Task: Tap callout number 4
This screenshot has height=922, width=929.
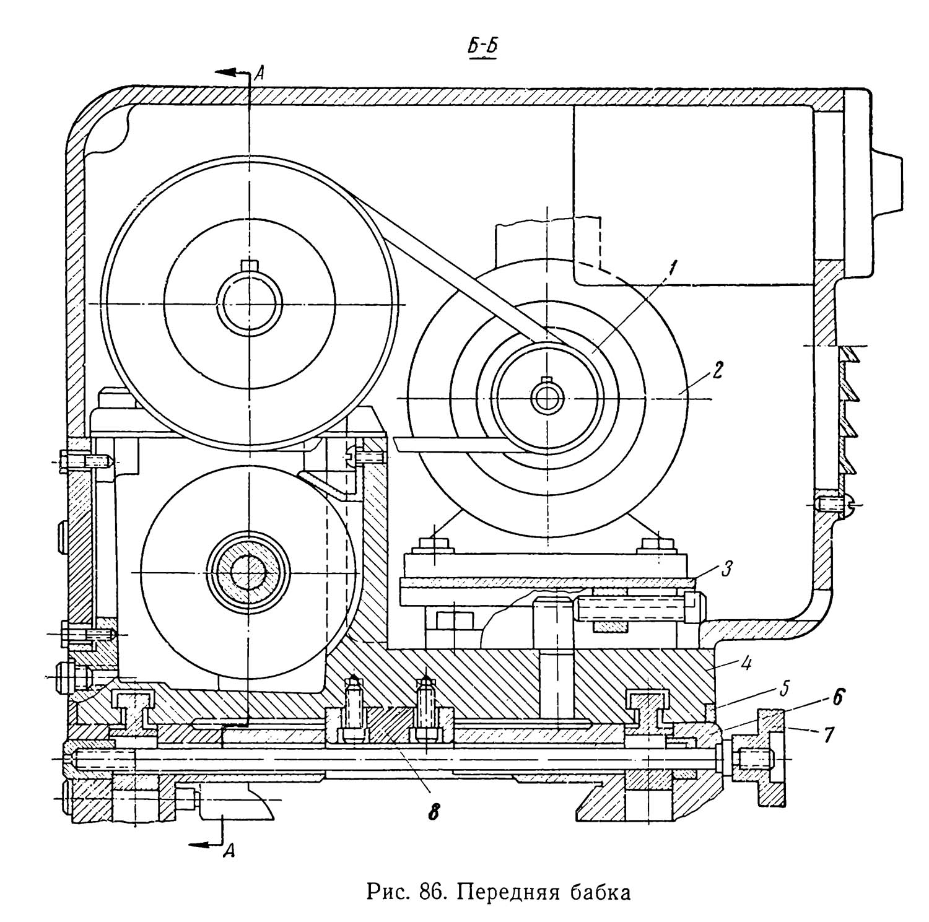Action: [x=749, y=666]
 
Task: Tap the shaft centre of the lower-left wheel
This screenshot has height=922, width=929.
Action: [x=248, y=573]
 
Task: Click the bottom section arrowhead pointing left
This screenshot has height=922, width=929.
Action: [x=199, y=845]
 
